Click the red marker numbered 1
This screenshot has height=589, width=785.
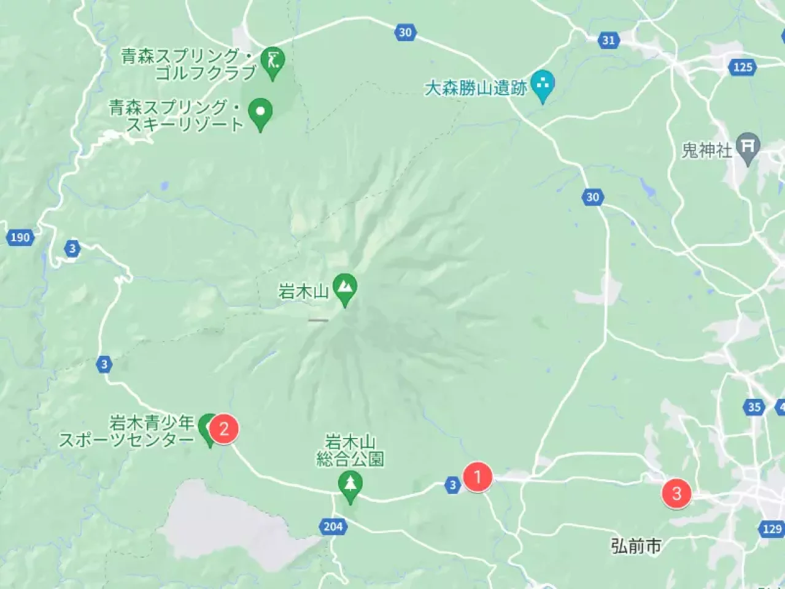tap(478, 476)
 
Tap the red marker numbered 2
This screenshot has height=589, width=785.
tap(224, 428)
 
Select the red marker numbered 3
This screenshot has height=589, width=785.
tap(676, 493)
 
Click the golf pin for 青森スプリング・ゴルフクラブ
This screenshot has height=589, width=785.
tap(273, 61)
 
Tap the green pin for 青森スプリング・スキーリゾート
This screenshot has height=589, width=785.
tap(260, 112)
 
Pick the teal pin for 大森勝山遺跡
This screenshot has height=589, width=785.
tap(542, 85)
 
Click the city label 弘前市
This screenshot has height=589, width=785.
tap(636, 545)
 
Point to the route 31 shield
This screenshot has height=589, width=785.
tap(608, 40)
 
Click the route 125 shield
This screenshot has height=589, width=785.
tap(743, 67)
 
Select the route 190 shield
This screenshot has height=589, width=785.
tap(20, 237)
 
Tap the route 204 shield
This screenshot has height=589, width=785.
tap(333, 526)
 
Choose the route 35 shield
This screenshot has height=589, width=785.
tap(754, 407)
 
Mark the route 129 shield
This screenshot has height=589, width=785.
tap(771, 528)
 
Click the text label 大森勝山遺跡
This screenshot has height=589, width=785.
tap(476, 88)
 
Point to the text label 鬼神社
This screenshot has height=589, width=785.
tap(707, 150)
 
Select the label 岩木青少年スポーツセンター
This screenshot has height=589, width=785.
tap(127, 431)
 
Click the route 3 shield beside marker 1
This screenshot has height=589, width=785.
tap(452, 485)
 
